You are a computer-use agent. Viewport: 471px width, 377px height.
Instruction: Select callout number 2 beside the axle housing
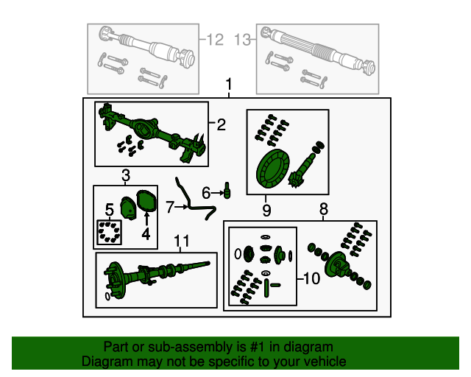coord(221,125)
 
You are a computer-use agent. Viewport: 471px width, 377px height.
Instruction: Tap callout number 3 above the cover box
coord(126,175)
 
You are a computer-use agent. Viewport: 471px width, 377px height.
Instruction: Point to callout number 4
coord(146,234)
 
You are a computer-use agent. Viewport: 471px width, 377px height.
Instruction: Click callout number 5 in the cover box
coord(109,209)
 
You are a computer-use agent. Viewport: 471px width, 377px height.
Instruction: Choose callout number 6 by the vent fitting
coord(207,193)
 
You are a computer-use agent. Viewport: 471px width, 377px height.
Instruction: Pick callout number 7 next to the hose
coord(170,208)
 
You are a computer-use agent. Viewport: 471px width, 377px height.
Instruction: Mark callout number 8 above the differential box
coord(323,211)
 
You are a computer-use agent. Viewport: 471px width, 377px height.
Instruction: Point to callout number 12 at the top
coord(215,40)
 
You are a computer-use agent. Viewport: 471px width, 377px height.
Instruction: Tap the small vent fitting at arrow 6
coord(227,191)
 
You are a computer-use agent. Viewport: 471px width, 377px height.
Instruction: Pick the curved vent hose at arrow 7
coord(196,200)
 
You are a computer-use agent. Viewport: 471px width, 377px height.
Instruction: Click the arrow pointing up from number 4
coord(146,219)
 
